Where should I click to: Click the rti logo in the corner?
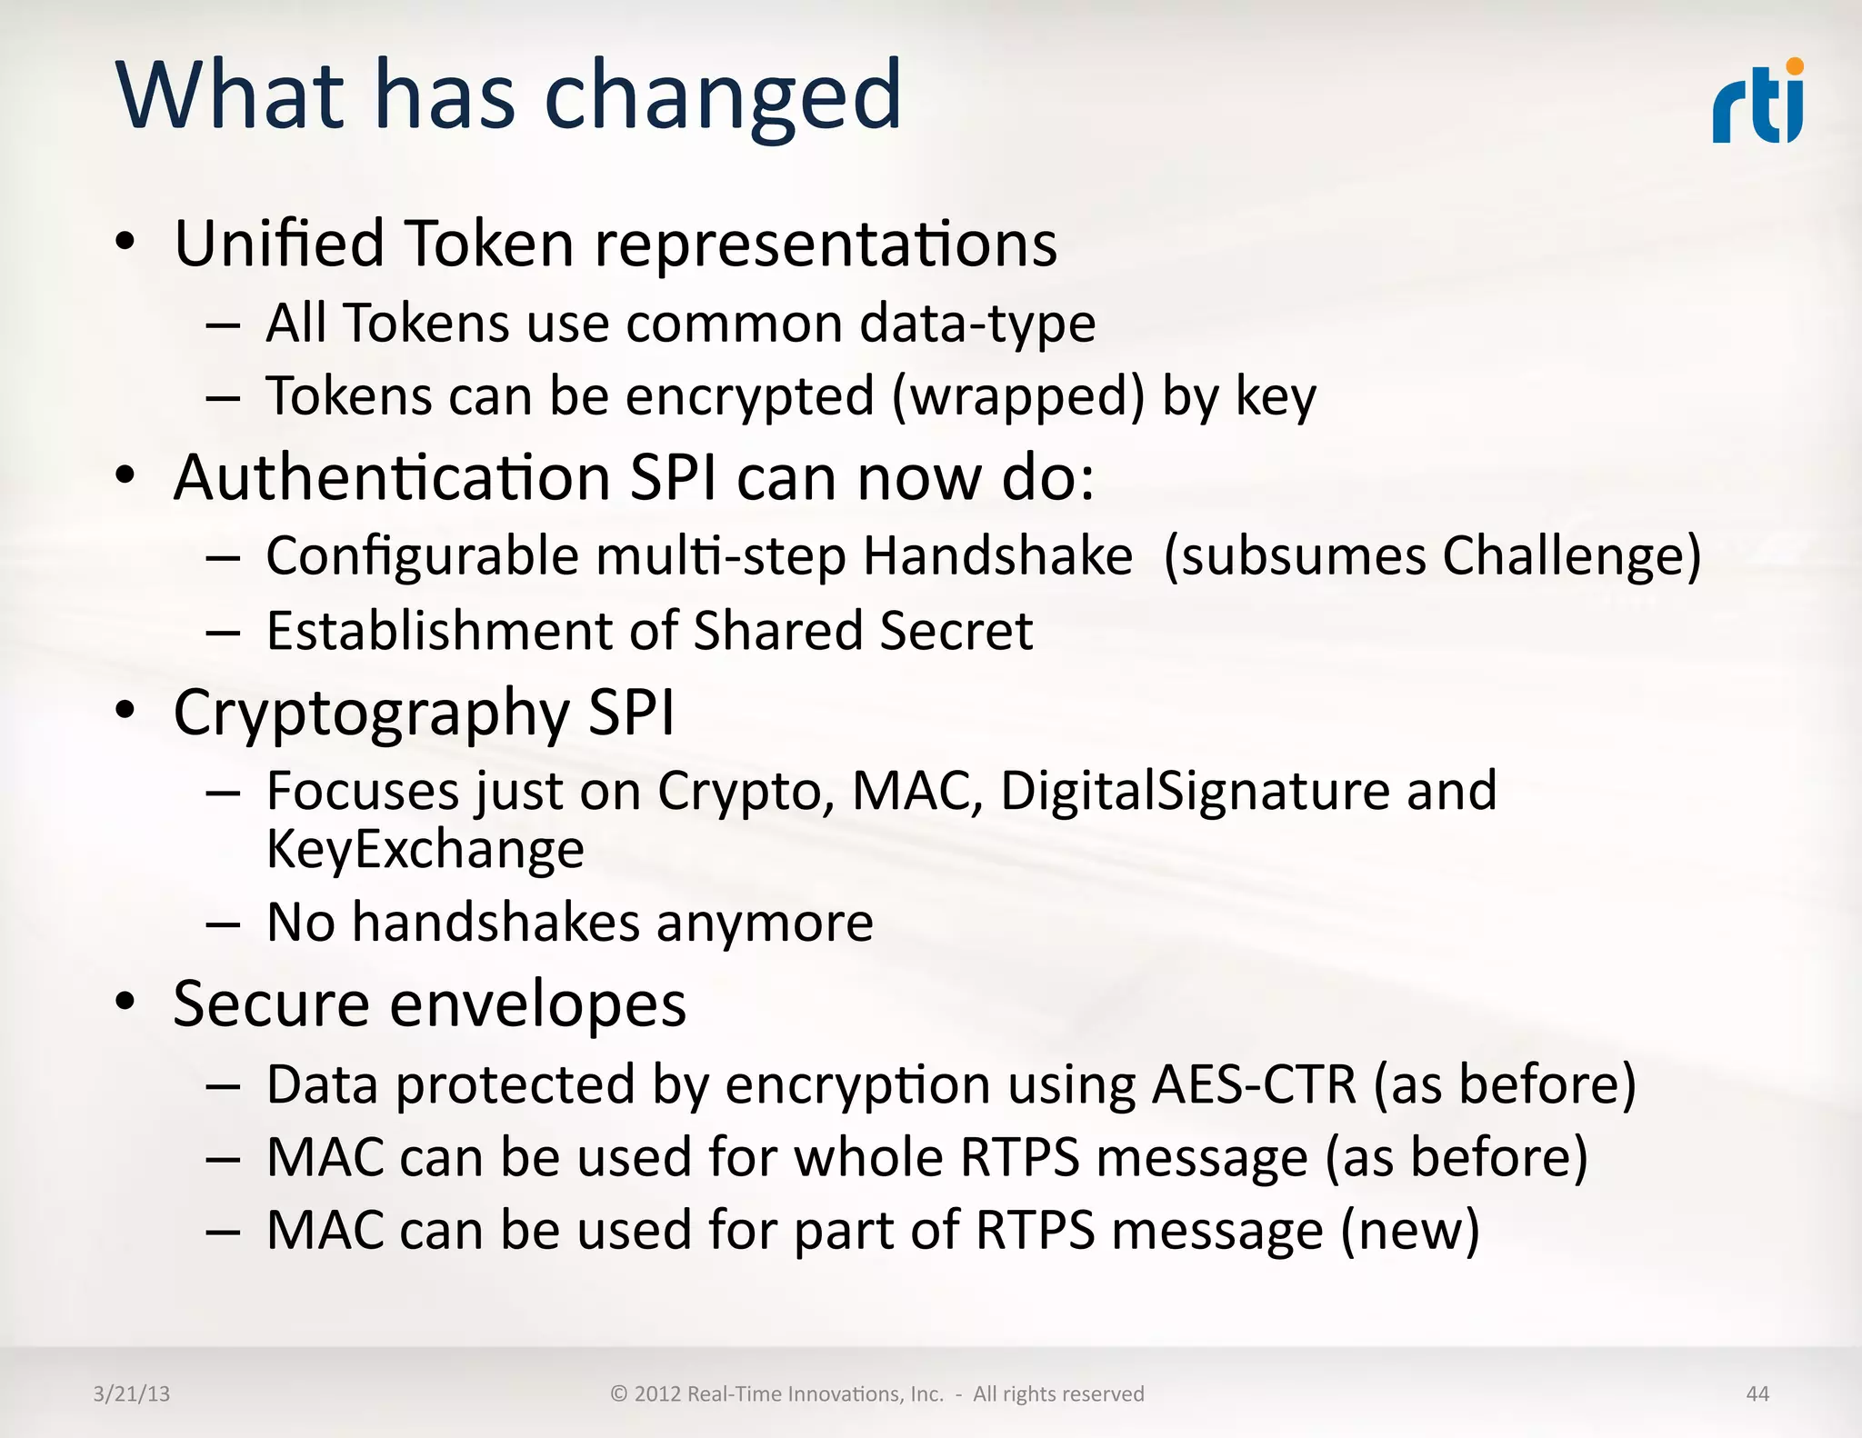[x=1757, y=103]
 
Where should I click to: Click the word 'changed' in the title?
[x=723, y=96]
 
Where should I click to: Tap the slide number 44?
[x=1757, y=1393]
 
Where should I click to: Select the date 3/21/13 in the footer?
[x=132, y=1393]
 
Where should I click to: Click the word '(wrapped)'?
[x=1018, y=397]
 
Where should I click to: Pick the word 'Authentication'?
[x=392, y=477]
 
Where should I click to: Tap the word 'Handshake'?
[x=997, y=555]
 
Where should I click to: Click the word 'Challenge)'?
[x=1572, y=556]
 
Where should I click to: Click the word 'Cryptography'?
[x=371, y=714]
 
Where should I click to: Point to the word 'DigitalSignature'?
[x=1195, y=790]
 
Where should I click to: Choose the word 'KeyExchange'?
[x=425, y=850]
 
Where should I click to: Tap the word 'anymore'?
[x=765, y=923]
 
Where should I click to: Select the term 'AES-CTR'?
[x=1254, y=1084]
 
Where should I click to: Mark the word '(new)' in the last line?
[x=1410, y=1231]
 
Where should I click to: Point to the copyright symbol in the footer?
[x=619, y=1393]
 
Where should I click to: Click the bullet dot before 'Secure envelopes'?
[x=125, y=1003]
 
